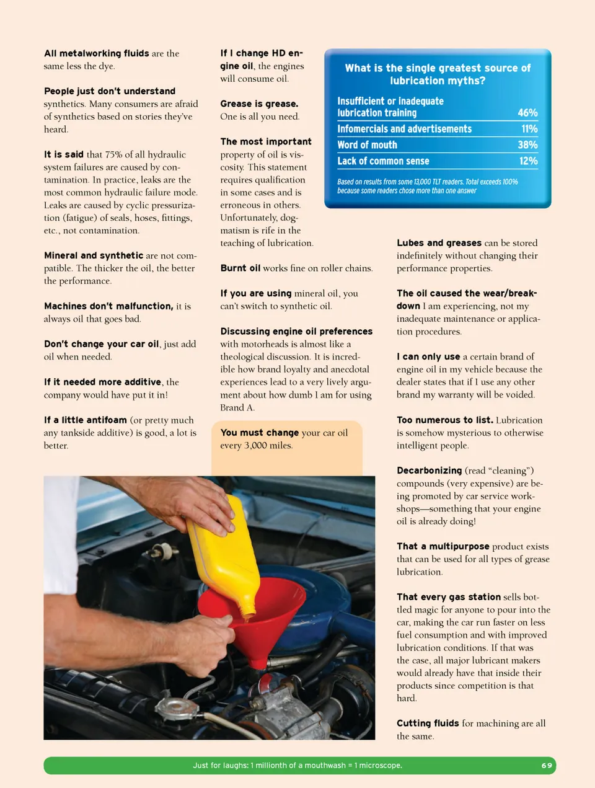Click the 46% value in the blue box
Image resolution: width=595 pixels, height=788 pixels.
point(527,113)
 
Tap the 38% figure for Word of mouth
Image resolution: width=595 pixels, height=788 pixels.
point(527,145)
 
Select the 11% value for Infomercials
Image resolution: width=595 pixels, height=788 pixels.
point(529,129)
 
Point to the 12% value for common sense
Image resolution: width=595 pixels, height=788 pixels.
point(528,161)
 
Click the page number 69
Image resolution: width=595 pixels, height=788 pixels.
point(547,766)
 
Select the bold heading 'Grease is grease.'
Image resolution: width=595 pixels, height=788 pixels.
point(259,104)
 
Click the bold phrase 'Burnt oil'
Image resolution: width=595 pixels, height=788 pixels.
point(240,268)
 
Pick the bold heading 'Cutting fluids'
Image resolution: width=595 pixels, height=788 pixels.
point(428,724)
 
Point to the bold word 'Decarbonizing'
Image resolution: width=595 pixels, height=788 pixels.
point(430,471)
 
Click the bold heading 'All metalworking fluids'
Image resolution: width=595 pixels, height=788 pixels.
point(97,53)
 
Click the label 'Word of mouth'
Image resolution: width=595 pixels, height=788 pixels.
point(367,145)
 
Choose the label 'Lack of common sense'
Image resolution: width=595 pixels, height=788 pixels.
point(383,161)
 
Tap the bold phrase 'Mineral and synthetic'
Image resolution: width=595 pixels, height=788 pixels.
point(94,255)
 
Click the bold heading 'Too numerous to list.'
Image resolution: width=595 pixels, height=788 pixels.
point(445,420)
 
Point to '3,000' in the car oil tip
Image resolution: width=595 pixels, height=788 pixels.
point(255,445)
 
